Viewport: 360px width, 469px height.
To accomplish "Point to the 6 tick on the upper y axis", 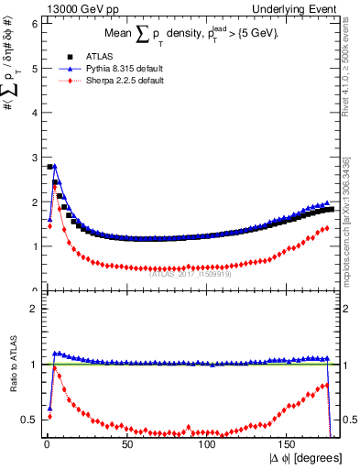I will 34,23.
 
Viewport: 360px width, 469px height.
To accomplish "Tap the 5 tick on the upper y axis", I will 34,68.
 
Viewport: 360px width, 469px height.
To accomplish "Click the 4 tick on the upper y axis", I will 34,113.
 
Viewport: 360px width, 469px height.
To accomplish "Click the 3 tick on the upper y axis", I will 34,157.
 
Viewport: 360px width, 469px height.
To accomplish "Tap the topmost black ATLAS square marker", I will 49,167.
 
